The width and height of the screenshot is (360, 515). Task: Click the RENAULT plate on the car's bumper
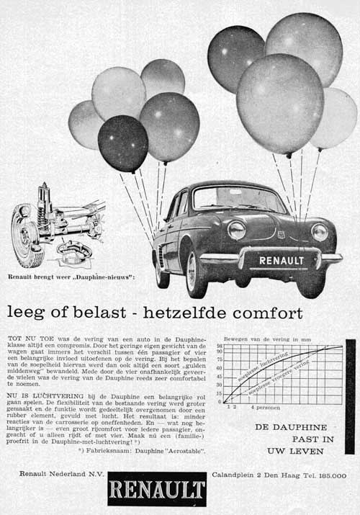pyautogui.click(x=282, y=260)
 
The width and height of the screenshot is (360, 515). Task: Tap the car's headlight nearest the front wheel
pyautogui.click(x=236, y=230)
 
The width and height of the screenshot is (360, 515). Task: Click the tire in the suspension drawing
pyautogui.click(x=26, y=236)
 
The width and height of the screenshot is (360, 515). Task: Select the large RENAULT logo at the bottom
pyautogui.click(x=157, y=492)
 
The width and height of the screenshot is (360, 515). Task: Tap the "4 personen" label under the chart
pyautogui.click(x=266, y=408)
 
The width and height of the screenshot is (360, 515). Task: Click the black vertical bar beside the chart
pyautogui.click(x=351, y=396)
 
